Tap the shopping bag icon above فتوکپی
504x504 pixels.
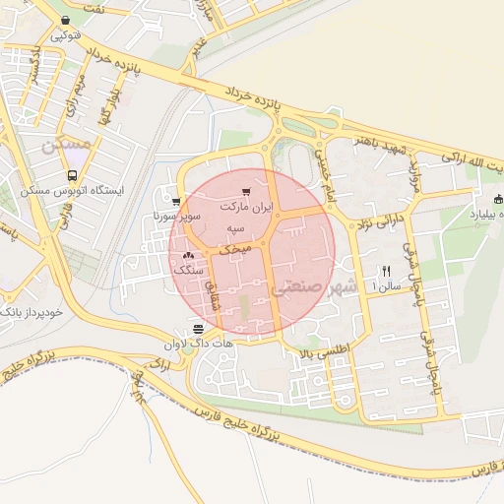tap(65, 20)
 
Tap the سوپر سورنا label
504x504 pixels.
tap(178, 215)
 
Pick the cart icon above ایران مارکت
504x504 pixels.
tap(246, 192)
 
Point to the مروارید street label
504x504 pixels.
tap(415, 179)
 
